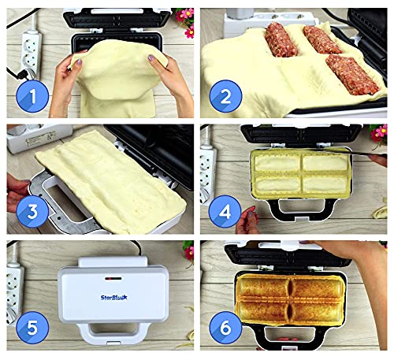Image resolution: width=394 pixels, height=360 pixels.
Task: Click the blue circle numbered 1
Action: pos(32,96)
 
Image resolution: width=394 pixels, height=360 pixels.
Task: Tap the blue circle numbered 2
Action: pos(225,96)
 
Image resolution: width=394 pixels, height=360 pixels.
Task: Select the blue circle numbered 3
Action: pos(32,212)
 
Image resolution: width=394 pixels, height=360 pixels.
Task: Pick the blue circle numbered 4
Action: pos(225,212)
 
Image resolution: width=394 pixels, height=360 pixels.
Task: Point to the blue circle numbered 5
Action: pos(32,328)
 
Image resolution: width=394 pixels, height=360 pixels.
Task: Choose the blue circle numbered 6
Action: pos(225,328)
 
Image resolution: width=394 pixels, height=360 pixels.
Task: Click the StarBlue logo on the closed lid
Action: pos(113,298)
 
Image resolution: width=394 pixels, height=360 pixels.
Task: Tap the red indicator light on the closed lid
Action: pos(113,278)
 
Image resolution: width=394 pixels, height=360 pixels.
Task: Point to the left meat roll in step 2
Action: pos(281,39)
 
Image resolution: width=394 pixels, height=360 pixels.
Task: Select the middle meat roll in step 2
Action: pos(322,39)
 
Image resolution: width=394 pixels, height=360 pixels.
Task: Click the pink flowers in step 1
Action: pos(186,21)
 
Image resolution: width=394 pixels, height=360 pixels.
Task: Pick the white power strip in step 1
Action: pos(31,54)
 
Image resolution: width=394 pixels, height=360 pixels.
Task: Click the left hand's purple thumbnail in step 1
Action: pos(79,63)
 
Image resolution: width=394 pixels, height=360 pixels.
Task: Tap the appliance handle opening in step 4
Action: pos(302,206)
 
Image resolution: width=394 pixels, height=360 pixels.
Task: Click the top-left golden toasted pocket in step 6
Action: pos(263,287)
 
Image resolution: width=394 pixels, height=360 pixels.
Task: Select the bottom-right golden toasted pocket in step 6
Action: pos(317,312)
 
